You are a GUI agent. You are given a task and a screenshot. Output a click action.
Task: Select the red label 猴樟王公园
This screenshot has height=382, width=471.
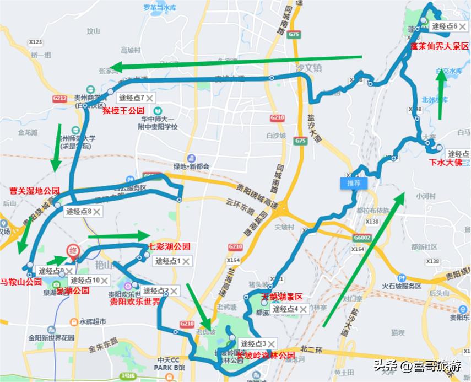123,110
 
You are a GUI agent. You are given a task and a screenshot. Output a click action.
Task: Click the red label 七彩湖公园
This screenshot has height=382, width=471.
170,246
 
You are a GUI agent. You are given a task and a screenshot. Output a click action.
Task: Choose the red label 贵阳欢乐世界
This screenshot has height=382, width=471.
134,302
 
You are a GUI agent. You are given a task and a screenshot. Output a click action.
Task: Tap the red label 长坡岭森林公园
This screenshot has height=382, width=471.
266,355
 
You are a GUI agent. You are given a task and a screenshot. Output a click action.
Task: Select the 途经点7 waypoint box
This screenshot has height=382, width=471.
136,98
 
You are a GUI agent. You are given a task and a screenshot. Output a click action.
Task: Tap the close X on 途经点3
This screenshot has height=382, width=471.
271,345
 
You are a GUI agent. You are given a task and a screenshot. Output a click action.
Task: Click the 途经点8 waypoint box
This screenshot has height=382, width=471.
83,211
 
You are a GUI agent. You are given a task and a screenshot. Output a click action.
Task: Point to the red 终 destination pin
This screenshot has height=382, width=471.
72,251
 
